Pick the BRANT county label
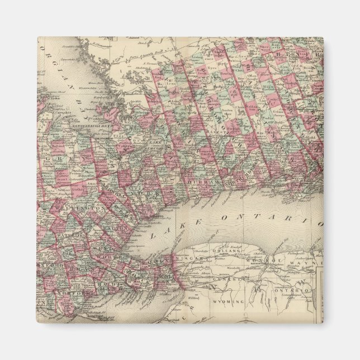[67, 267]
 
